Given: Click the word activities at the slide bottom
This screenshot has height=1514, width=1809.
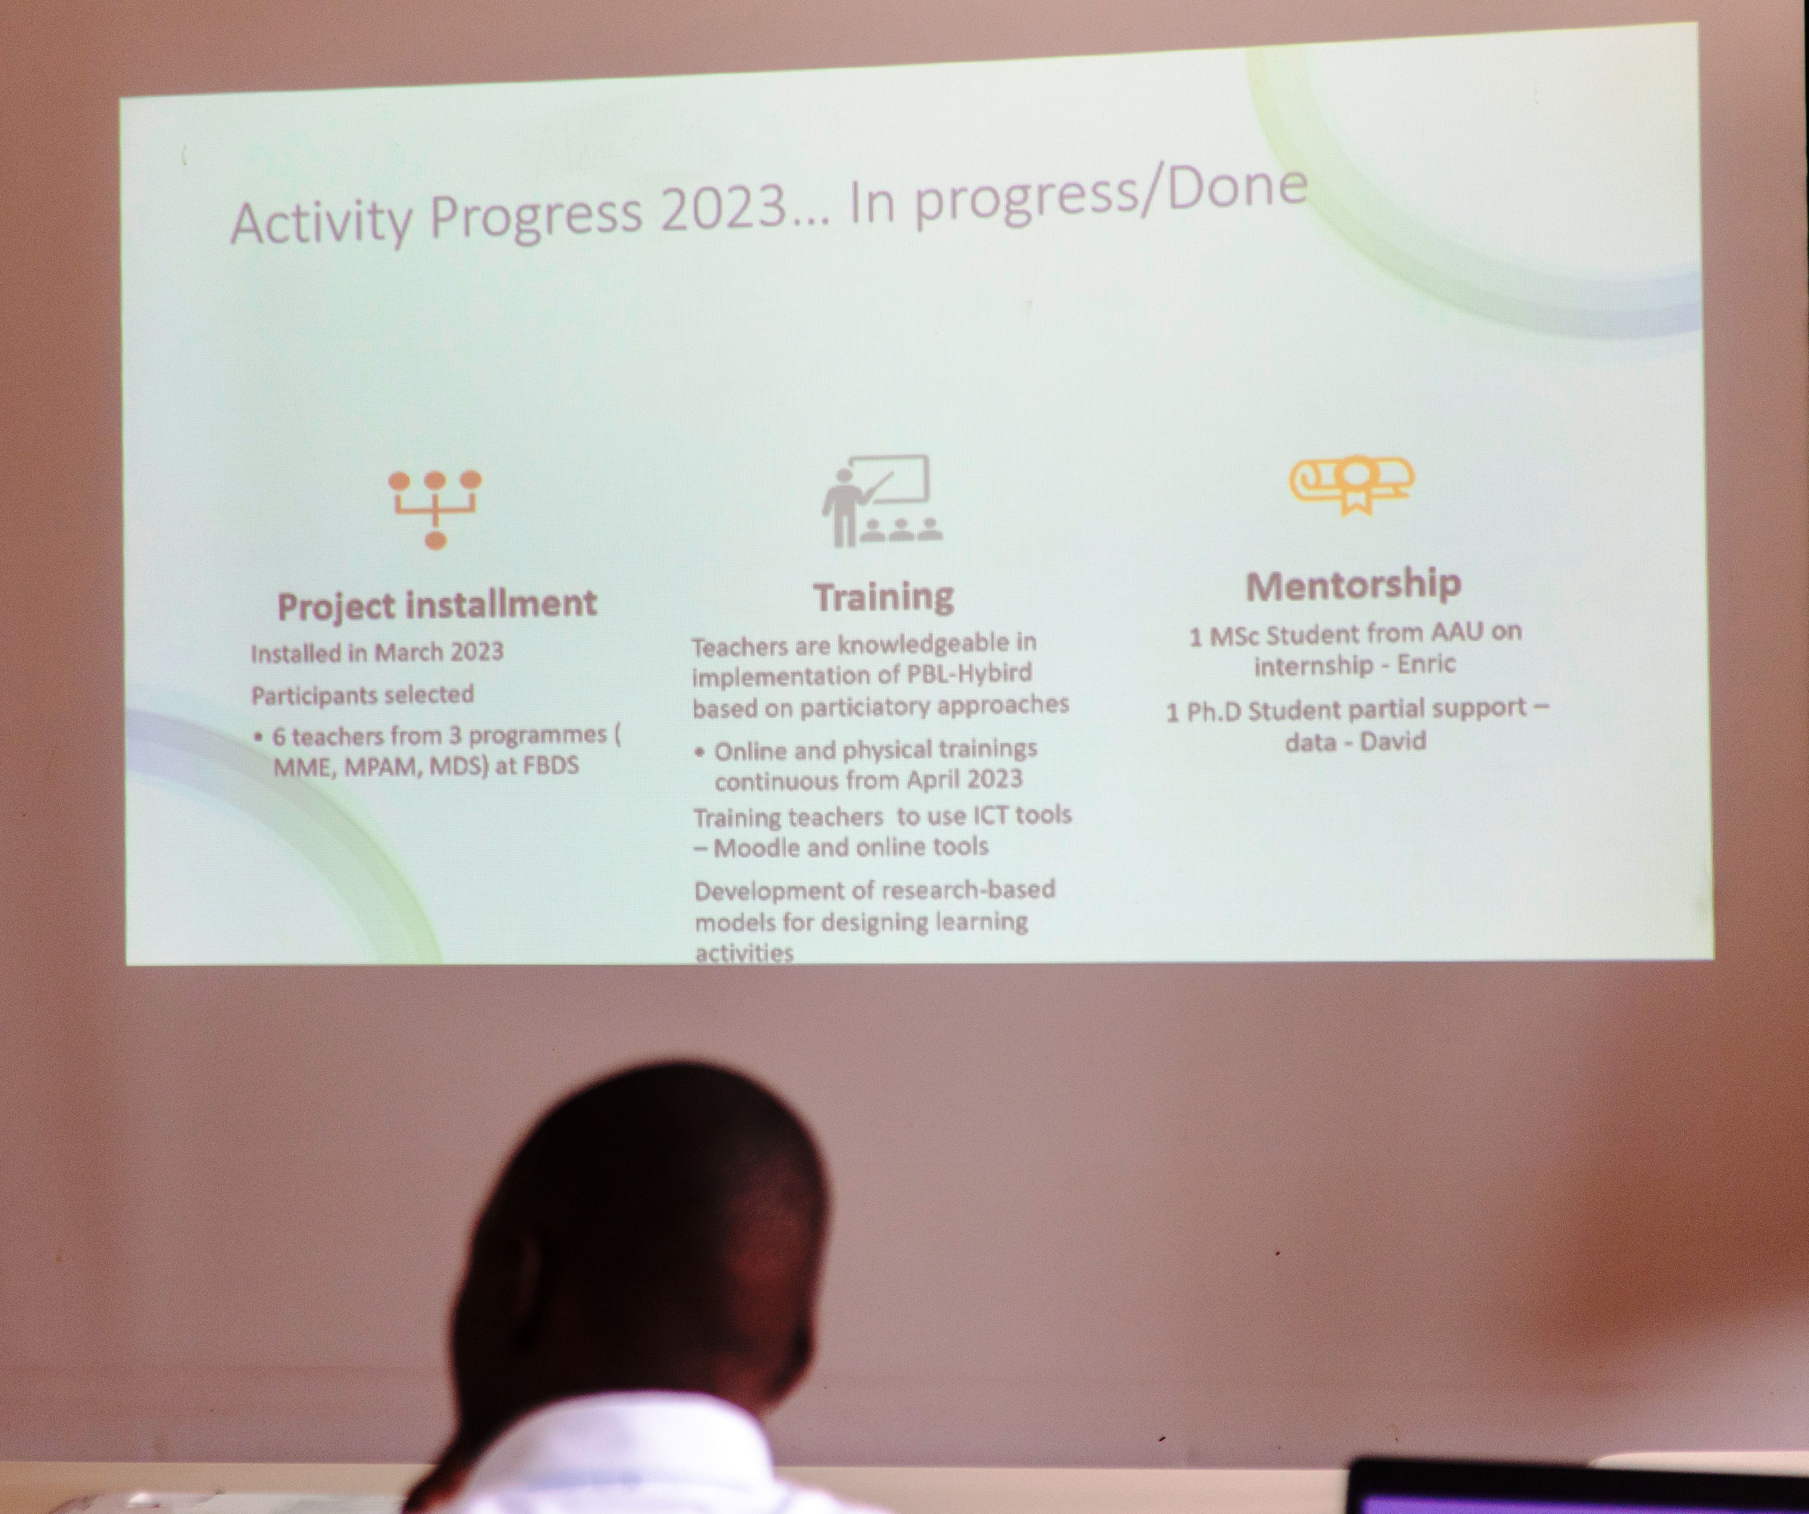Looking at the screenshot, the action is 744,953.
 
